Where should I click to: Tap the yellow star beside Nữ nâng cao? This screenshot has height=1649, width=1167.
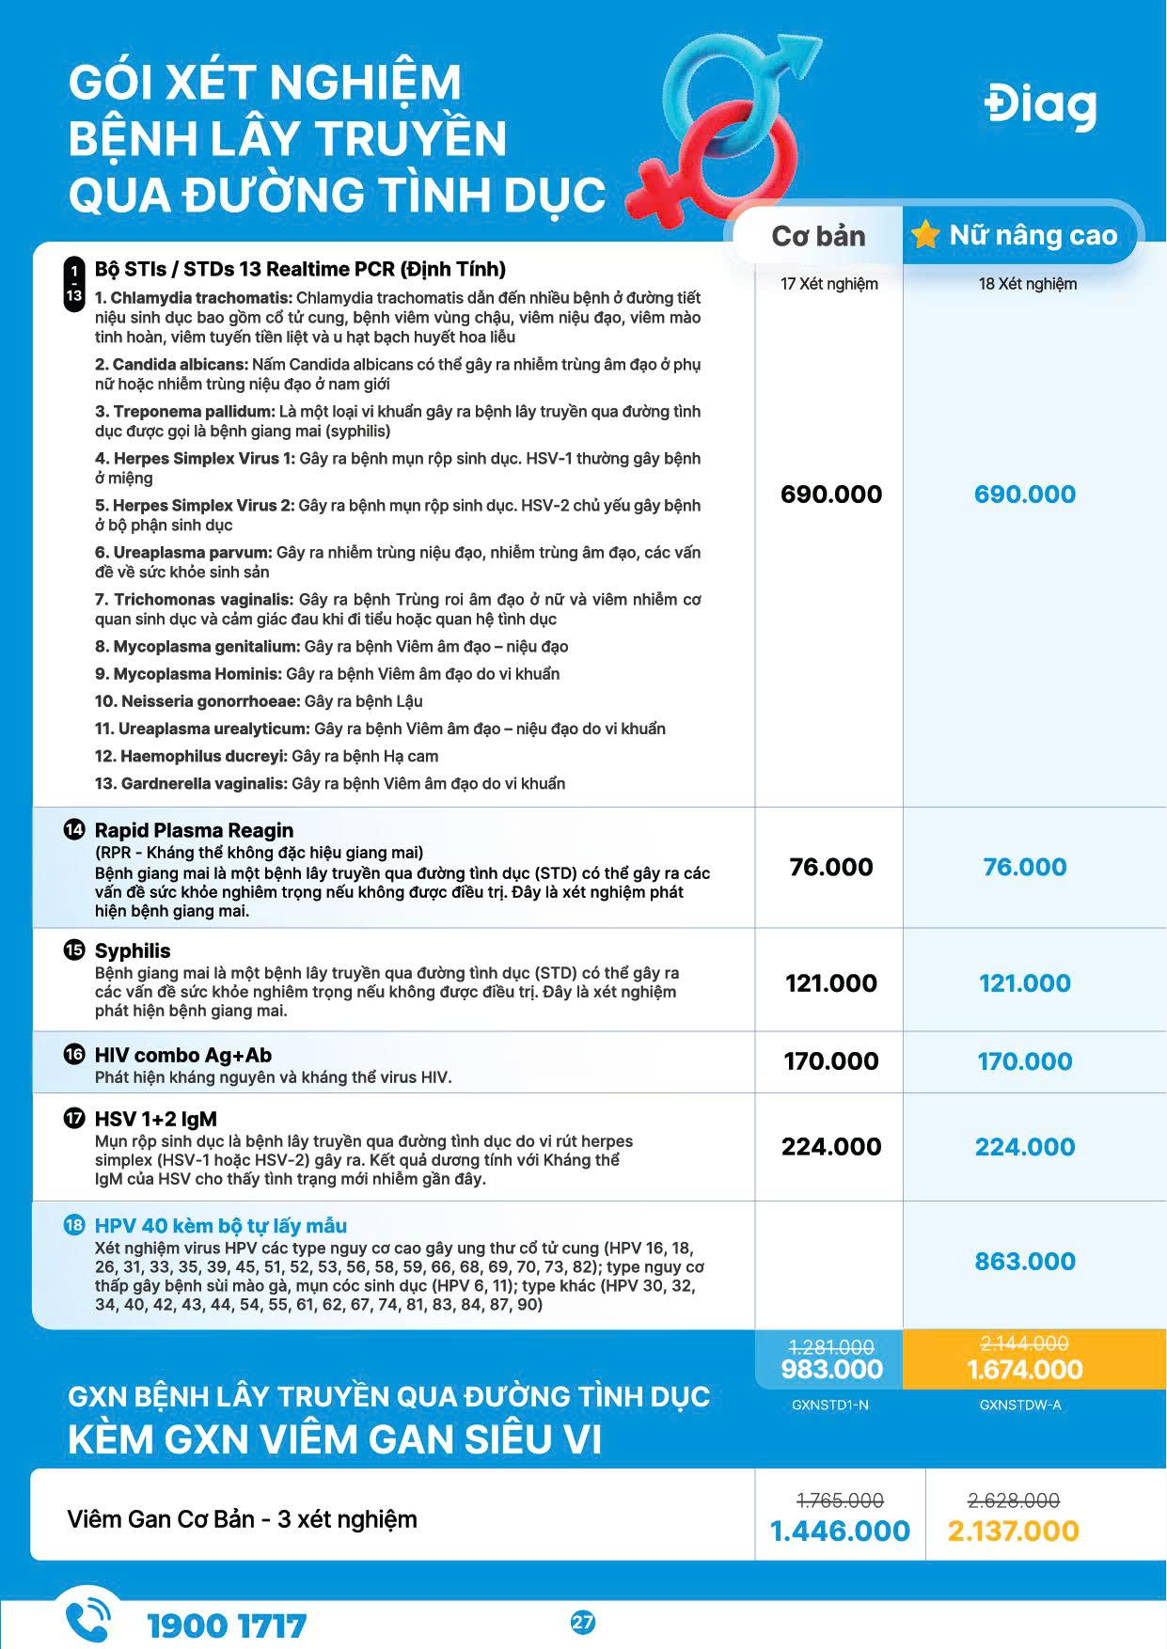(x=925, y=234)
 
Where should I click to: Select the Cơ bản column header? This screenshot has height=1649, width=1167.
(x=818, y=236)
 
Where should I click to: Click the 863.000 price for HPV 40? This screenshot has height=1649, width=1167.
(x=1024, y=1262)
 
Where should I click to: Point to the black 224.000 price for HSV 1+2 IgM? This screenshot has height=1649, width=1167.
(x=831, y=1147)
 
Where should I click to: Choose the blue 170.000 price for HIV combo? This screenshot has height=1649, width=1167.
(x=1024, y=1061)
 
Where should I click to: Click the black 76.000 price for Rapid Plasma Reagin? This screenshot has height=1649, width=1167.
(x=831, y=867)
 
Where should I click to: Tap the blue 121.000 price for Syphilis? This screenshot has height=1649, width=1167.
(x=1024, y=983)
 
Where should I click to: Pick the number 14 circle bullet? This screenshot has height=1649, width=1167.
(x=73, y=829)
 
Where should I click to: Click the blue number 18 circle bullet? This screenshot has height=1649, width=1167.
(x=73, y=1225)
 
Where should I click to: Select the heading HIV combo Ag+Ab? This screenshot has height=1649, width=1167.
(x=183, y=1055)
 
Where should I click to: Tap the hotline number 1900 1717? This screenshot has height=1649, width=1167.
(x=227, y=1625)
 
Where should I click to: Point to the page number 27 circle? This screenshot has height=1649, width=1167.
(x=583, y=1623)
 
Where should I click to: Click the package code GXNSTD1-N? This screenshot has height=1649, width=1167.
(x=830, y=1405)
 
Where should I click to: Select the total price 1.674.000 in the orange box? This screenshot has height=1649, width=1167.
(x=1024, y=1370)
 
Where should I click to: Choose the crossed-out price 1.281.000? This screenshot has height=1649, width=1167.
(x=831, y=1346)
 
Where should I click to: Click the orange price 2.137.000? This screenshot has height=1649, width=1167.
(x=1013, y=1531)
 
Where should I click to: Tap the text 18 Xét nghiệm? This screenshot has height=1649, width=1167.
(x=1027, y=284)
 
